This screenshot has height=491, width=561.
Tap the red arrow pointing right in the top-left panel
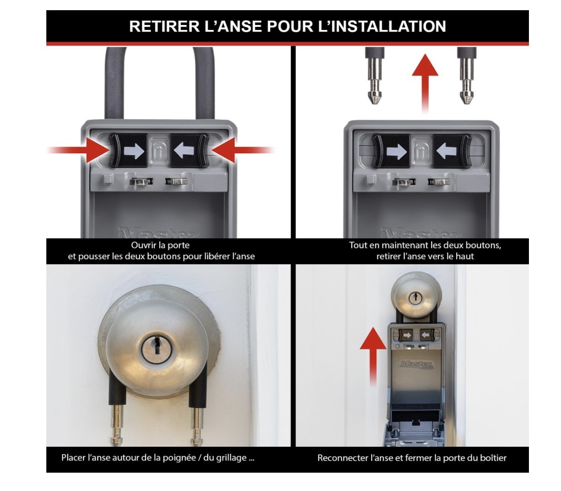point(79,150)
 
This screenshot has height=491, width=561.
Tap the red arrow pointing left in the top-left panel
point(243,150)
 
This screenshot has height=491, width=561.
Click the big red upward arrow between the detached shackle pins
point(425,83)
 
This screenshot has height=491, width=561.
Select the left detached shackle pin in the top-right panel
point(375,76)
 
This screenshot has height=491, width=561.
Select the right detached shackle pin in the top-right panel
point(466,76)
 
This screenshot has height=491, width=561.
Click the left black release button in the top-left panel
point(128,151)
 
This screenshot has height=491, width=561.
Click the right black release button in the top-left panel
point(189,151)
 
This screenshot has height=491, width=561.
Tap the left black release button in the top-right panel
point(390,151)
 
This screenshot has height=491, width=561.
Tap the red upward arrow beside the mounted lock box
point(373,356)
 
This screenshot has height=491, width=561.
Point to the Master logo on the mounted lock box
point(417,365)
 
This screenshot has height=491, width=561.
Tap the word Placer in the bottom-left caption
point(73,458)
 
